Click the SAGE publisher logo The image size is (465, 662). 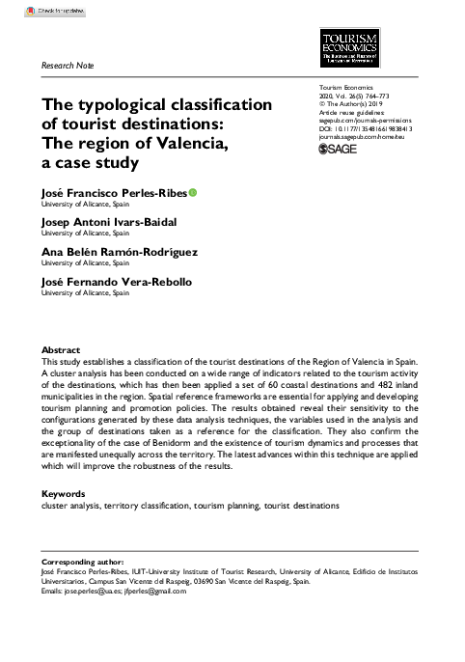(337, 150)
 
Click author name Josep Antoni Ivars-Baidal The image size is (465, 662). (107, 222)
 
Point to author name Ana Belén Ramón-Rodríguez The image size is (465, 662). (119, 252)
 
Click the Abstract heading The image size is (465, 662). (61, 348)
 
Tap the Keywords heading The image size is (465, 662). (64, 494)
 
